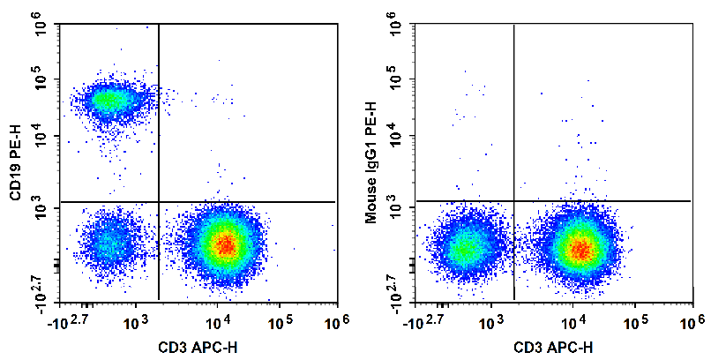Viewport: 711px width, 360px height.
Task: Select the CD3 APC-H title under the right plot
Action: pos(550,346)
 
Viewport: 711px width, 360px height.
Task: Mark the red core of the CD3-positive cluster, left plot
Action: pos(226,244)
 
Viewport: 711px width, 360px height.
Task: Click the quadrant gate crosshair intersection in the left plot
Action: pos(158,202)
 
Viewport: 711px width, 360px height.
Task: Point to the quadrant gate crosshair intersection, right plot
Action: pos(513,201)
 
